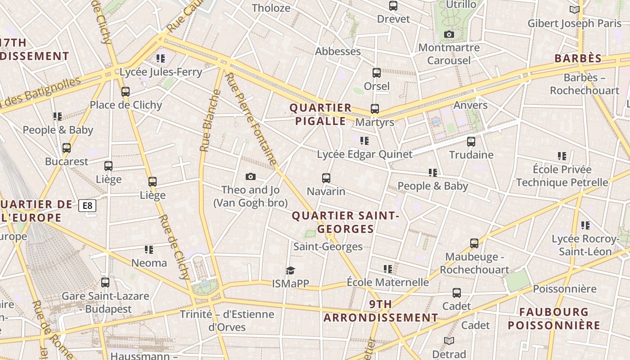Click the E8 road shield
pyautogui.click(x=87, y=206)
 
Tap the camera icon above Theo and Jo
pyautogui.click(x=251, y=176)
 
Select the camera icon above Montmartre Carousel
pyautogui.click(x=449, y=34)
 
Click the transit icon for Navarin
pyautogui.click(x=326, y=178)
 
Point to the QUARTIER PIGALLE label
pyautogui.click(x=320, y=114)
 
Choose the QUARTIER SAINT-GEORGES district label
pyautogui.click(x=346, y=222)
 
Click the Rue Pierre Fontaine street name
pyautogui.click(x=252, y=119)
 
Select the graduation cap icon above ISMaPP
pyautogui.click(x=290, y=270)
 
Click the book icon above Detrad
pyautogui.click(x=449, y=341)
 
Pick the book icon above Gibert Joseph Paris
pyautogui.click(x=574, y=9)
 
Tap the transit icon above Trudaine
pyautogui.click(x=471, y=141)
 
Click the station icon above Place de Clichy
pyautogui.click(x=126, y=91)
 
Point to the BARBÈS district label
pyautogui.click(x=578, y=58)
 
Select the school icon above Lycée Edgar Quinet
pyautogui.click(x=364, y=140)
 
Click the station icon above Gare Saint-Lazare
pyautogui.click(x=105, y=283)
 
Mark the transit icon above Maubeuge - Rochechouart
pyautogui.click(x=474, y=243)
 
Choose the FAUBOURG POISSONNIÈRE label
pyautogui.click(x=554, y=319)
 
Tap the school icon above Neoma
pyautogui.click(x=149, y=249)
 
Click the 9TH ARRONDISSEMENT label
pyautogui.click(x=381, y=311)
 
